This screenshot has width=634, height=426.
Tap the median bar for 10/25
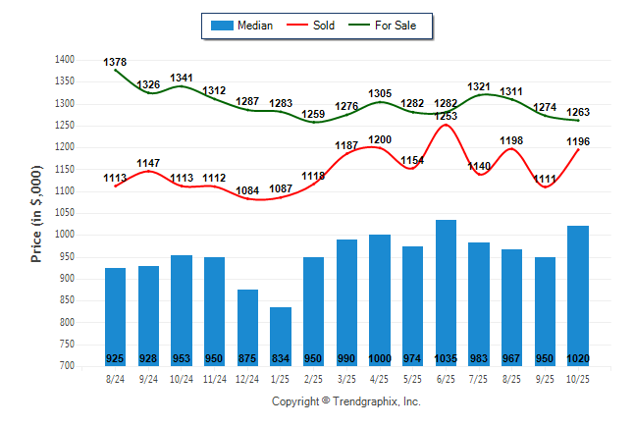(x=578, y=295)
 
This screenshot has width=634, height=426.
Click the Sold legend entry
(x=320, y=26)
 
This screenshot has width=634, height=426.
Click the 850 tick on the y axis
(x=66, y=300)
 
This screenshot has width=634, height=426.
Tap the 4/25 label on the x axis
(x=380, y=377)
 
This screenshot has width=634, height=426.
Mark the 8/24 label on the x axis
(x=115, y=377)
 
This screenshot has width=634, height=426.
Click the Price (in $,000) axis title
(x=36, y=212)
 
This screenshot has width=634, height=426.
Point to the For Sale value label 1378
(x=115, y=62)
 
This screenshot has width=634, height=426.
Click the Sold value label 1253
(x=447, y=116)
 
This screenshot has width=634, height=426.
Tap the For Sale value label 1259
(x=314, y=114)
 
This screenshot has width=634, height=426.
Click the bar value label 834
(x=281, y=357)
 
